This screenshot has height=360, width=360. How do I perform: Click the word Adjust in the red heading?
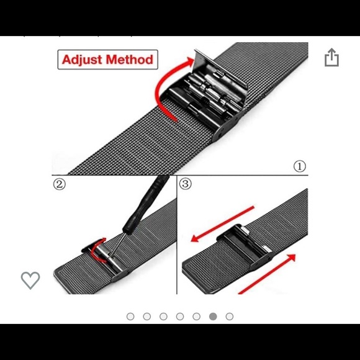pyautogui.click(x=82, y=60)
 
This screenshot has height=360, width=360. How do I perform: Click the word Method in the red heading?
pyautogui.click(x=130, y=60)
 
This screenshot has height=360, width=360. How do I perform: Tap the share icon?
pyautogui.click(x=331, y=57)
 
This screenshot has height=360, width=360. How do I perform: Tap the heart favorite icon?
pyautogui.click(x=30, y=280)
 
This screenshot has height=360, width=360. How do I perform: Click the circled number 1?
pyautogui.click(x=300, y=166)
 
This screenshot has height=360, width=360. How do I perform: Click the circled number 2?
pyautogui.click(x=60, y=184)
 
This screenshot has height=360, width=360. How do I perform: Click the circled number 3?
pyautogui.click(x=186, y=184)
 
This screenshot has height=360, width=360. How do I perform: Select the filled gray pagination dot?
pyautogui.click(x=213, y=317)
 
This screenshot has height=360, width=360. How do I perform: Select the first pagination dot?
pyautogui.click(x=130, y=317)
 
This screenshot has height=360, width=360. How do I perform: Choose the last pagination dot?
pyautogui.click(x=230, y=317)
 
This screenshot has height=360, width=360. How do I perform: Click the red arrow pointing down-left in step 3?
pyautogui.click(x=222, y=224)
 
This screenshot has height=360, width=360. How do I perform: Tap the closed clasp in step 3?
pyautogui.click(x=245, y=247)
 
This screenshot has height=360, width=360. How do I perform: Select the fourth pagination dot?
pyautogui.click(x=180, y=317)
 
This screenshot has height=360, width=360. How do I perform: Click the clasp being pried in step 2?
pyautogui.click(x=106, y=259)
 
